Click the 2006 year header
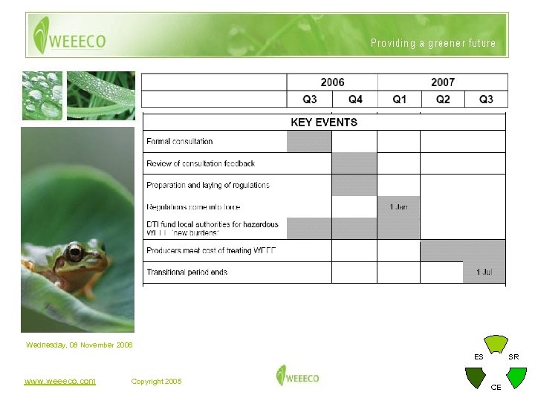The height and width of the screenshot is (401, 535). [332, 82]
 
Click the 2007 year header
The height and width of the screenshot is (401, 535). [443, 82]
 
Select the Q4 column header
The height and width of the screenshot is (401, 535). [355, 100]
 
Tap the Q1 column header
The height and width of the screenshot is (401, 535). [400, 100]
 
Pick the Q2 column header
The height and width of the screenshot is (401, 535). [443, 100]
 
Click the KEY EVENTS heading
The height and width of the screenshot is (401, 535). [324, 123]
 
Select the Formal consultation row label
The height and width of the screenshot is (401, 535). [180, 141]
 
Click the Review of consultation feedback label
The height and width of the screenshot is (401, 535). [201, 163]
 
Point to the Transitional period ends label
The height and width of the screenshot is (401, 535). [187, 273]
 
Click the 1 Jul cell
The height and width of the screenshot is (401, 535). [484, 273]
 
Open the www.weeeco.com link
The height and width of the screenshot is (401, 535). [59, 381]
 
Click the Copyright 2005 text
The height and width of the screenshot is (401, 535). [156, 382]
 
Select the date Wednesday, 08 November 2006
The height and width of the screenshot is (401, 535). [80, 345]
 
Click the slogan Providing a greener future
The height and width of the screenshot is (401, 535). [433, 43]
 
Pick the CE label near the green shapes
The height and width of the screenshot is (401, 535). [496, 387]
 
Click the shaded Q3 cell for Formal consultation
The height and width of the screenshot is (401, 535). [309, 141]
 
